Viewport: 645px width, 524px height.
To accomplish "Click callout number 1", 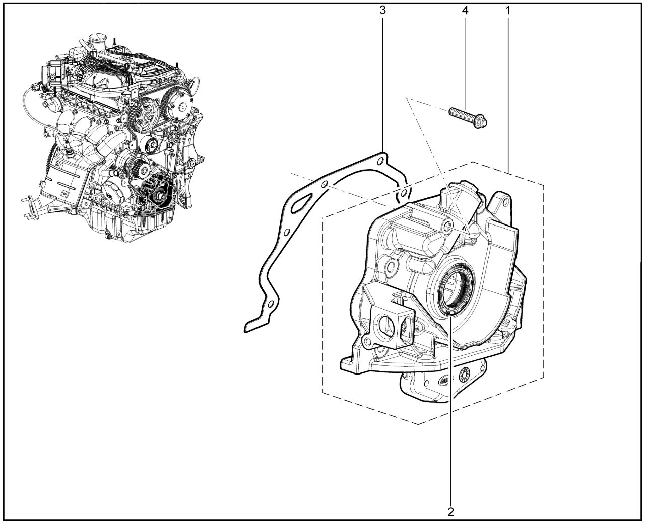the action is pos(508,11).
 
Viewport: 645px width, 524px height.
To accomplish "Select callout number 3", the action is pos(383,11).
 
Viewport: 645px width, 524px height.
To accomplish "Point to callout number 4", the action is pos(465,11).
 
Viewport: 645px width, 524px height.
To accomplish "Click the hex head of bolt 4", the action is pos(481,123).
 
